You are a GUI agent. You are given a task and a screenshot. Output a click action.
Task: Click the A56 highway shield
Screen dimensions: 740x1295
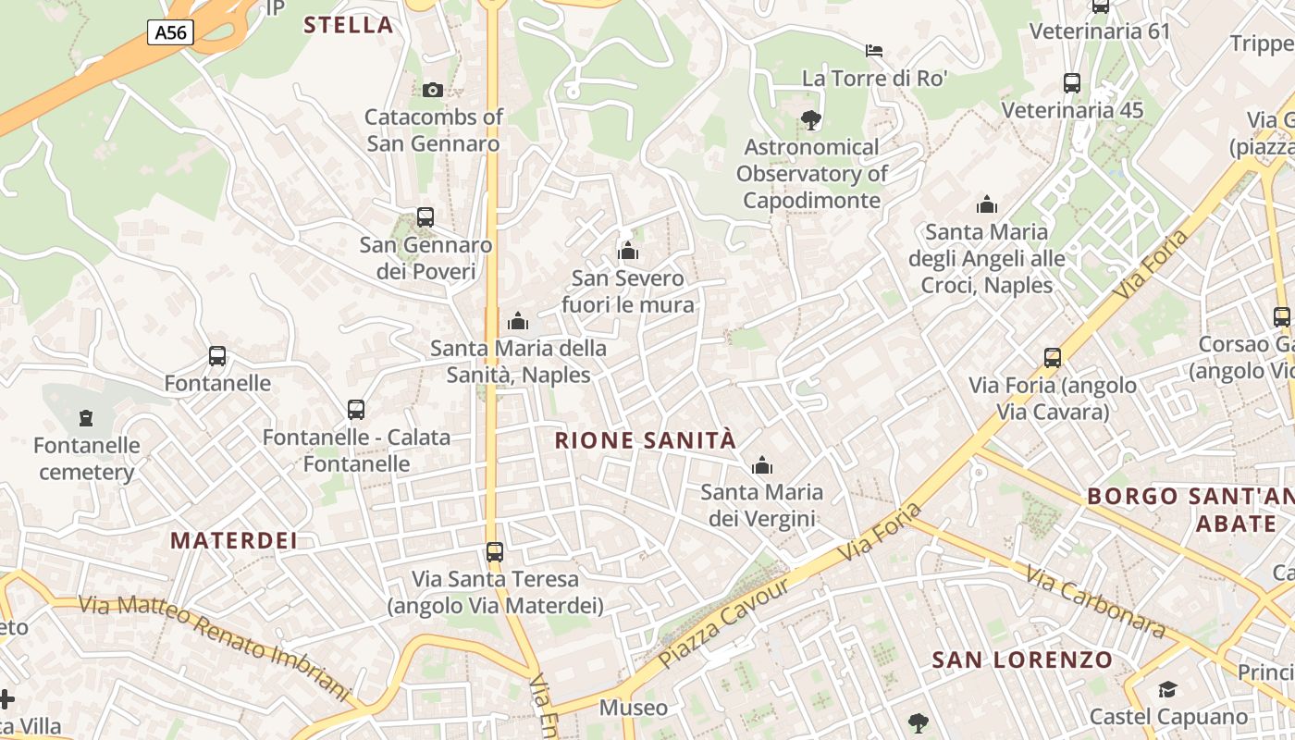tap(170, 33)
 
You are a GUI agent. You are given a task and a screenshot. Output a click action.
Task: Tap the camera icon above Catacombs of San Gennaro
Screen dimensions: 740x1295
tap(432, 90)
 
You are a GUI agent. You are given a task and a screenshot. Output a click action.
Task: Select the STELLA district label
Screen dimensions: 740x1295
tap(349, 25)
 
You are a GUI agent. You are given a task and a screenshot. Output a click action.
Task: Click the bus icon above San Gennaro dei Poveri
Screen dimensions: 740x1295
tap(425, 217)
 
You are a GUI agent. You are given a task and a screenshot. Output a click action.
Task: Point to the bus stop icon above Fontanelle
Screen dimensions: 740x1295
tap(217, 356)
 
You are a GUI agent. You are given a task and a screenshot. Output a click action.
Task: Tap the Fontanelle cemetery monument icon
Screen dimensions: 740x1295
tap(86, 418)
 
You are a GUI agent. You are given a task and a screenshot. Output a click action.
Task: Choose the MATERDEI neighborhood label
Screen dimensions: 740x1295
tap(234, 540)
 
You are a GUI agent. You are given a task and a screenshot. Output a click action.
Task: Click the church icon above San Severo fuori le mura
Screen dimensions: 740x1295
tap(628, 251)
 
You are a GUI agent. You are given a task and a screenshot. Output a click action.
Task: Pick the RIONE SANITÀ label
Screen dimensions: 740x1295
tap(646, 440)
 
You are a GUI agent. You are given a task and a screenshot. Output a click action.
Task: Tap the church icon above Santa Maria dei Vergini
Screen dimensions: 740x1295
tap(762, 465)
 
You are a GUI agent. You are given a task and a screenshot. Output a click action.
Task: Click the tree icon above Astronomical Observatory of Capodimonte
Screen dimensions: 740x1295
tap(811, 119)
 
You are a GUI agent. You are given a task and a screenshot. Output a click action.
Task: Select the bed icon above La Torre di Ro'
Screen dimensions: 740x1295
tap(874, 50)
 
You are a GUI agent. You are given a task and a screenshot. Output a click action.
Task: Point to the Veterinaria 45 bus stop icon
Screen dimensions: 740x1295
tap(1072, 83)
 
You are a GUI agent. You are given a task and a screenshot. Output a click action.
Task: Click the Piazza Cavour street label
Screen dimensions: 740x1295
tap(725, 623)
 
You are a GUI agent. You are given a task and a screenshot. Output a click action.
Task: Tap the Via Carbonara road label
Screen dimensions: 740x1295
tap(1096, 601)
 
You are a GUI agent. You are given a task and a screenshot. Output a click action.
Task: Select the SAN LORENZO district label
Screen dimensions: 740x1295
tap(1022, 660)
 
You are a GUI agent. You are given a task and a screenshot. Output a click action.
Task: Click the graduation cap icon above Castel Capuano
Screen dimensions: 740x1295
tap(1167, 689)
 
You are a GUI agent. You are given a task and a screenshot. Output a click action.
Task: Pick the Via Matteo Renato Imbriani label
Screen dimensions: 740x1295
tap(215, 647)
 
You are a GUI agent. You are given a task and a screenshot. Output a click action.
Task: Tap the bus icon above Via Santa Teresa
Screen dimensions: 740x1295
tap(495, 552)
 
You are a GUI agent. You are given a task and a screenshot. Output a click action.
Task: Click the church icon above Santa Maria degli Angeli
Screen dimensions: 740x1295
tap(987, 204)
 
